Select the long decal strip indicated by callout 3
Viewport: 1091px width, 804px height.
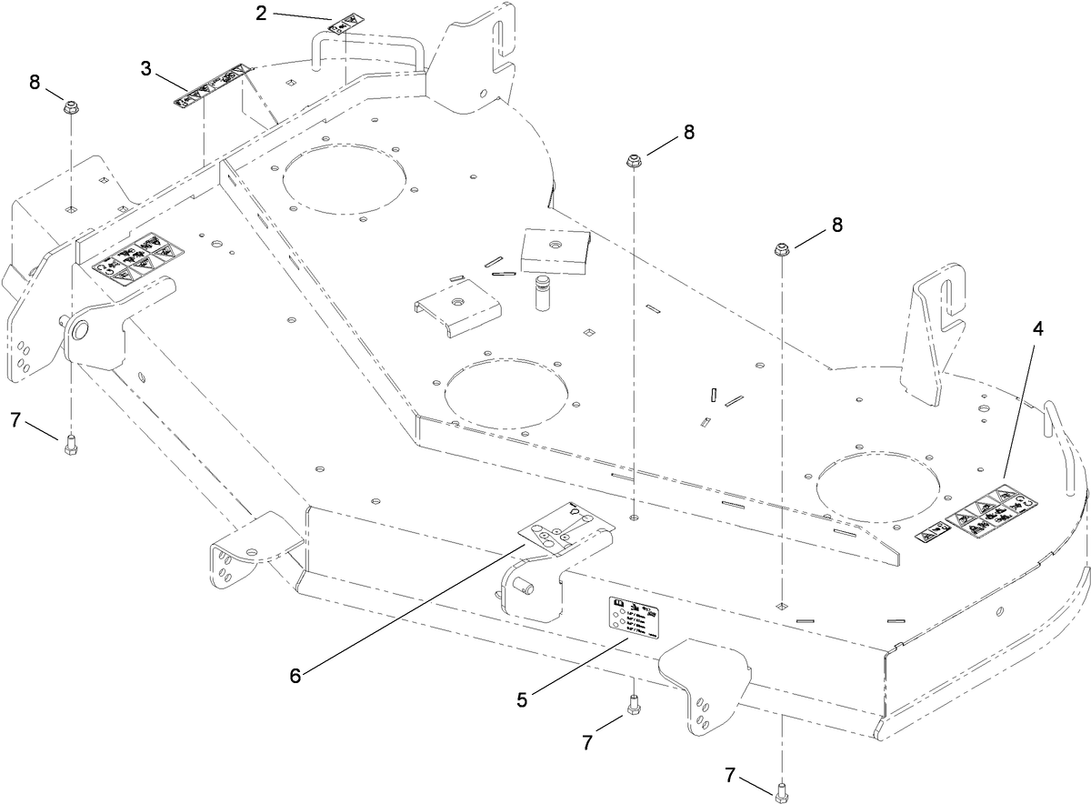(211, 85)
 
